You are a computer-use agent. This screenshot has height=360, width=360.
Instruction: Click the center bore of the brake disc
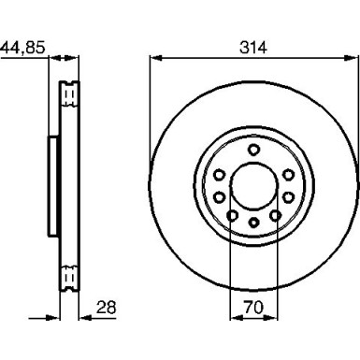tap(252, 185)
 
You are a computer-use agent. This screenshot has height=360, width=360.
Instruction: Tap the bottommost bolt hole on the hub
tap(252, 223)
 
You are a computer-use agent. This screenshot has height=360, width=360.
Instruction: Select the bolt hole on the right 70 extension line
tap(273, 215)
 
